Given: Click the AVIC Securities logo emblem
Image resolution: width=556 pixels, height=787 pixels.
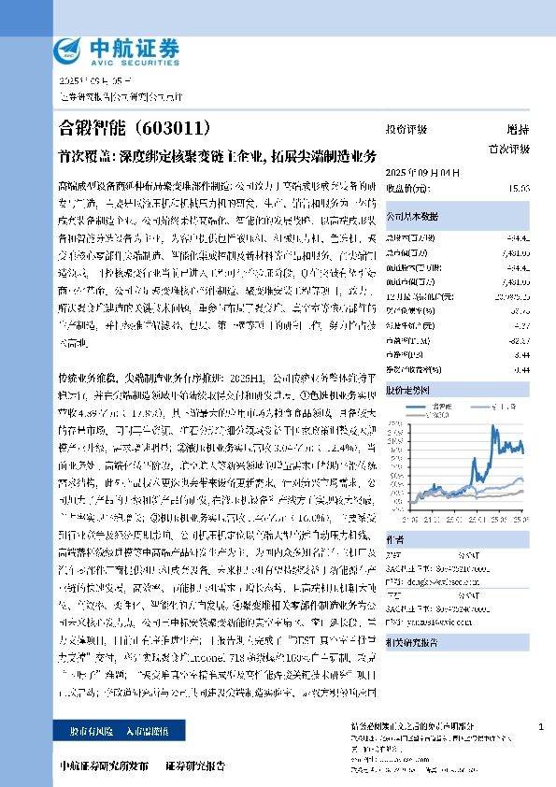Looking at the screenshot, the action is click(x=65, y=50).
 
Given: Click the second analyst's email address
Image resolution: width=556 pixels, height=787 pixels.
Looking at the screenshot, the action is click(x=435, y=617).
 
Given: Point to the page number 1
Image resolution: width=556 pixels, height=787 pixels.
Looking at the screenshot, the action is click(x=541, y=726).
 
